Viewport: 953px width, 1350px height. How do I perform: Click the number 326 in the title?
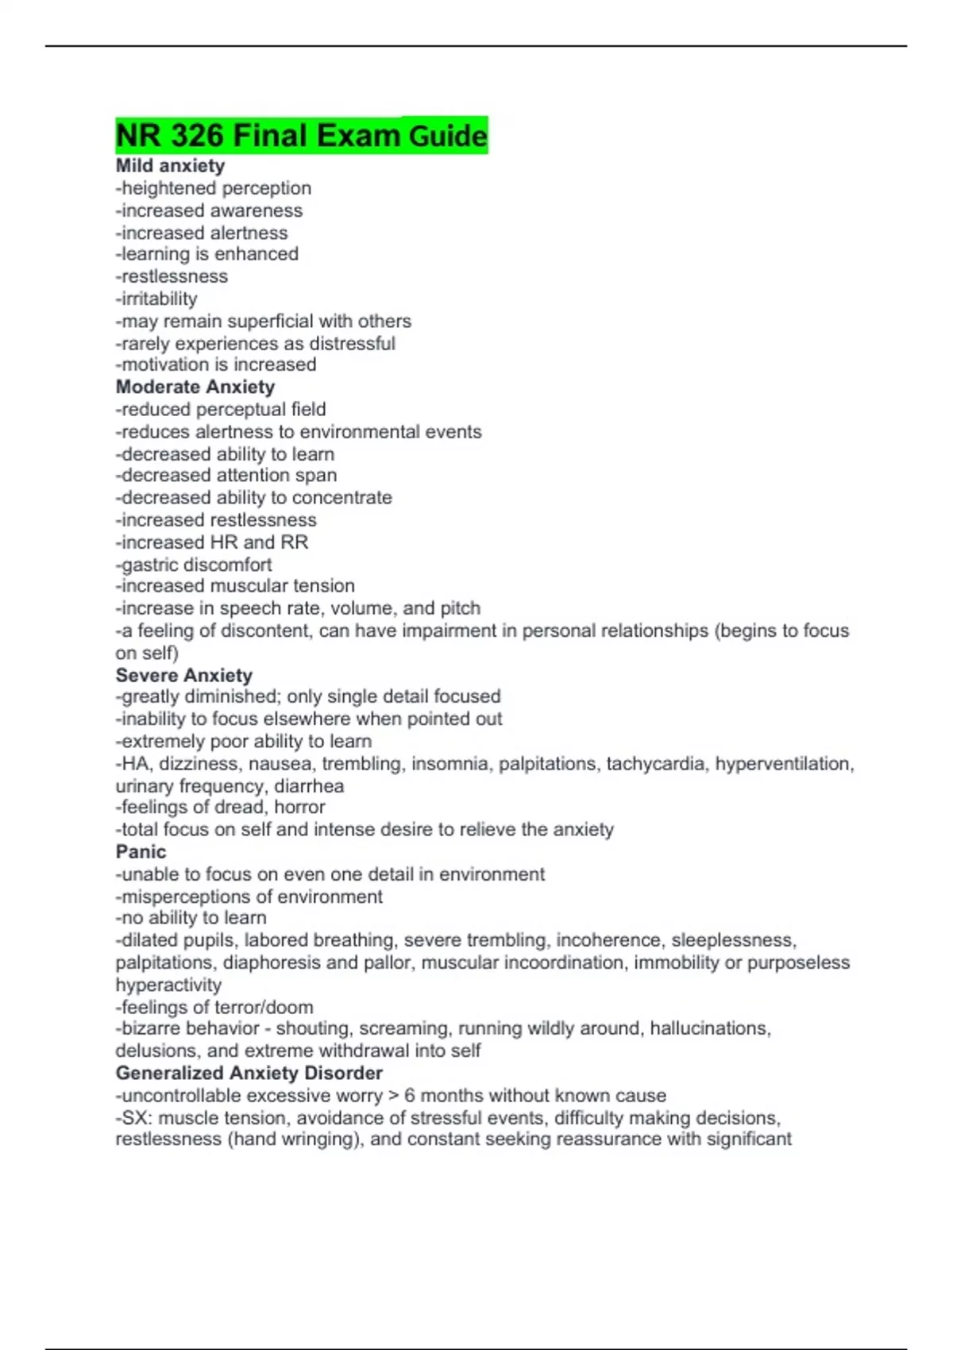tap(196, 136)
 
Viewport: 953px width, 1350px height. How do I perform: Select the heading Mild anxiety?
tap(170, 166)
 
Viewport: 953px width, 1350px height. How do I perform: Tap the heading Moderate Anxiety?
tap(195, 388)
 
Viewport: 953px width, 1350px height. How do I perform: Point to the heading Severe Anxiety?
tap(184, 676)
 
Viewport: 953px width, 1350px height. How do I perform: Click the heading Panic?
tap(141, 852)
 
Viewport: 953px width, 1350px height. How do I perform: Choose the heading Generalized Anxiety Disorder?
tap(249, 1074)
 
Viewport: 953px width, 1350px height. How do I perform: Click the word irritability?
tap(159, 299)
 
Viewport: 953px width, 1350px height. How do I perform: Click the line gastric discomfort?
tap(194, 565)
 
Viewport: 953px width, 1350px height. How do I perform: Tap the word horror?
tap(299, 808)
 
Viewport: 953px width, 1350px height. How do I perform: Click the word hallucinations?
tap(709, 1028)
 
